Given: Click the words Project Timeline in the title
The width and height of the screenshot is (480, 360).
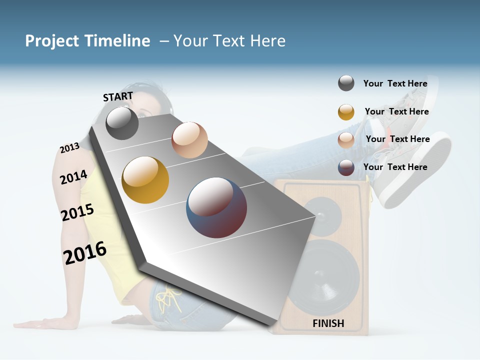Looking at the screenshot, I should [87, 41].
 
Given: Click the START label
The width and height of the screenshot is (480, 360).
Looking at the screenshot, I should [118, 96].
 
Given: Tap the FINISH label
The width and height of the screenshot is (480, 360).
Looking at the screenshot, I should [328, 323].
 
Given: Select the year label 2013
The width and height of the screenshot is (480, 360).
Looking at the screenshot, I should [69, 148].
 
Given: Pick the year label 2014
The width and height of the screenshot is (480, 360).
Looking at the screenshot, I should [73, 177].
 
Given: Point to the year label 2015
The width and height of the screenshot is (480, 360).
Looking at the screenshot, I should [77, 212].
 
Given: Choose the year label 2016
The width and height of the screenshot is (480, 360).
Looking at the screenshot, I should [85, 252].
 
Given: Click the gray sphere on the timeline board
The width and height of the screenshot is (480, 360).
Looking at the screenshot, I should [122, 123].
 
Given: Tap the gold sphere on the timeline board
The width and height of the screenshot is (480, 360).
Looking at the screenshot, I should [145, 180].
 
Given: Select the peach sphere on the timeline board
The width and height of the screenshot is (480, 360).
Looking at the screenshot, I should [189, 140].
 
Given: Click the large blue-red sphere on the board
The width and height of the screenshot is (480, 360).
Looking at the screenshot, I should [216, 207].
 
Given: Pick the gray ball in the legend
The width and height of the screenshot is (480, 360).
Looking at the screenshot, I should [346, 83].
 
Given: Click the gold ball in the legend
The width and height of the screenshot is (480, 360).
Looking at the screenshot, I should [346, 112].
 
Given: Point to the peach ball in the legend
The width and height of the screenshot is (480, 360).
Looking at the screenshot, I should [346, 140].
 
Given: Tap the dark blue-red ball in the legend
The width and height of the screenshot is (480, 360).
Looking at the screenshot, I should [346, 167].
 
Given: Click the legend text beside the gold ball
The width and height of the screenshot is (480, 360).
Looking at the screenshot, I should [396, 111].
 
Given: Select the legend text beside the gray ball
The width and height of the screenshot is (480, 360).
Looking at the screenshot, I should [395, 83].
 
